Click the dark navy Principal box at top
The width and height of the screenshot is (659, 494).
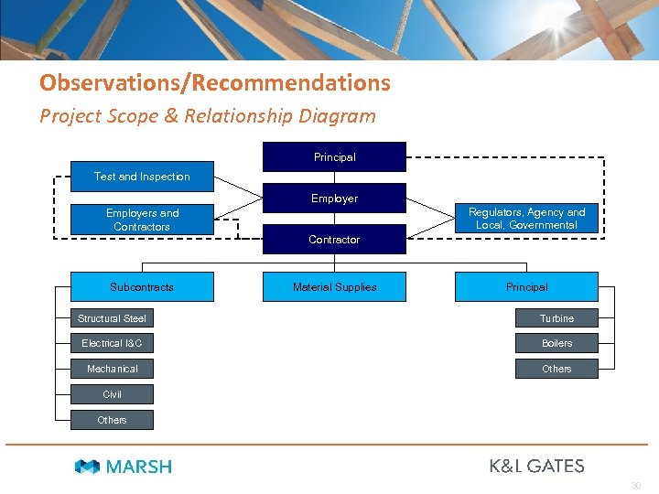(334, 156)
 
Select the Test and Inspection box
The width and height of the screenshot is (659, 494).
(142, 177)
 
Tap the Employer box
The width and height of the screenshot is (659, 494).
(334, 198)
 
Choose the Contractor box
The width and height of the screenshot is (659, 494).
(334, 239)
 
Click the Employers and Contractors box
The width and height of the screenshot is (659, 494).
(142, 220)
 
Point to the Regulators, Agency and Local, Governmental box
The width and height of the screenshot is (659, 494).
(526, 219)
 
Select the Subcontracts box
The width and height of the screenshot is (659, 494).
(142, 287)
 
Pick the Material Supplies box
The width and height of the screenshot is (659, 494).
(334, 287)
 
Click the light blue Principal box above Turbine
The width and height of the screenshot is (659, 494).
(526, 287)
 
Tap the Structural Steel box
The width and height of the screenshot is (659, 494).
(112, 318)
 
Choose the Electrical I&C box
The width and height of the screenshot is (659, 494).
(112, 343)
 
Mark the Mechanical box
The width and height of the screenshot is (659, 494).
(112, 369)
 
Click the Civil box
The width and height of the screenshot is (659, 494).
(112, 394)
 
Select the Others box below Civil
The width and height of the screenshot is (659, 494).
(112, 420)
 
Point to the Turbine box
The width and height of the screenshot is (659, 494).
(556, 318)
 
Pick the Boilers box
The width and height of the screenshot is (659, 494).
(556, 343)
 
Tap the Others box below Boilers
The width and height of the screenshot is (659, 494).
(556, 369)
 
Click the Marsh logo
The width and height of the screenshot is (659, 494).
(123, 467)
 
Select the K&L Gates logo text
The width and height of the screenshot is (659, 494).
(536, 466)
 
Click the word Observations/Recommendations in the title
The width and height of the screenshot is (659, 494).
(215, 83)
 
